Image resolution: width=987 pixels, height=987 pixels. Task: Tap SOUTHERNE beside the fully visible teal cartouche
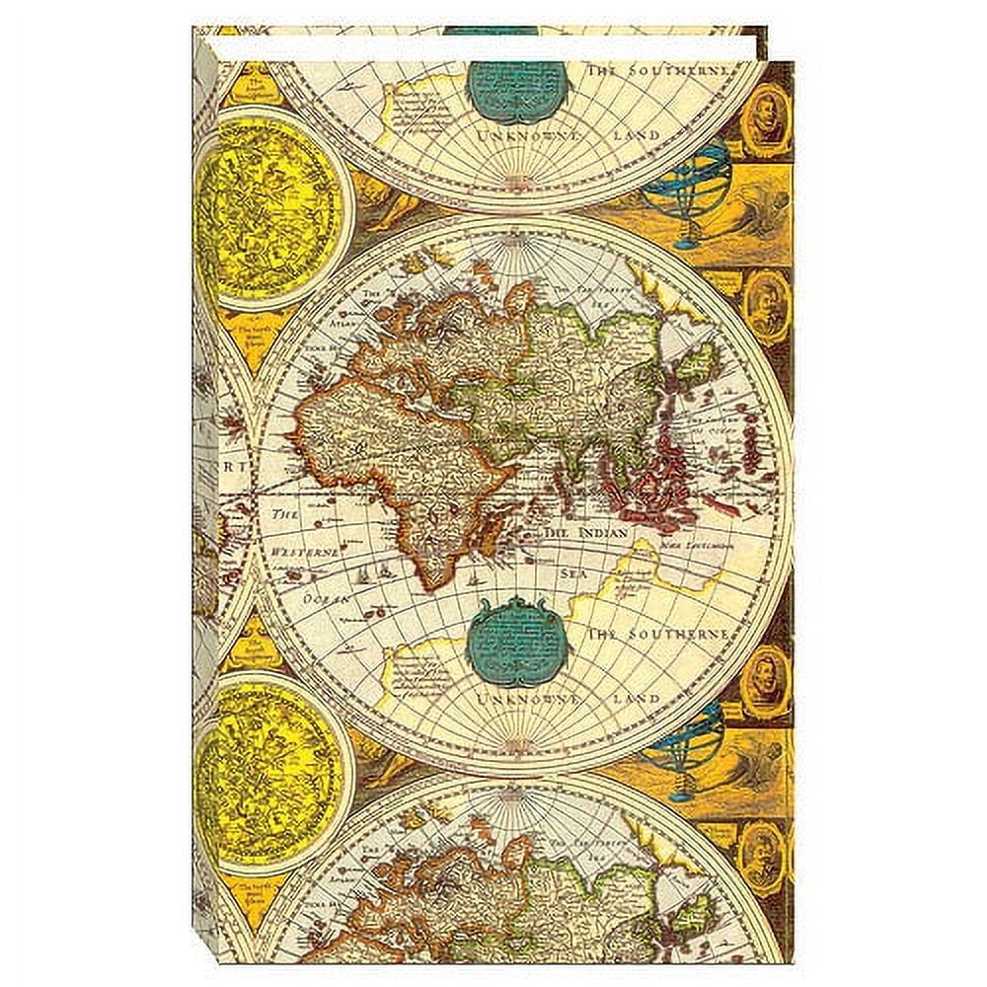[x=672, y=633]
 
